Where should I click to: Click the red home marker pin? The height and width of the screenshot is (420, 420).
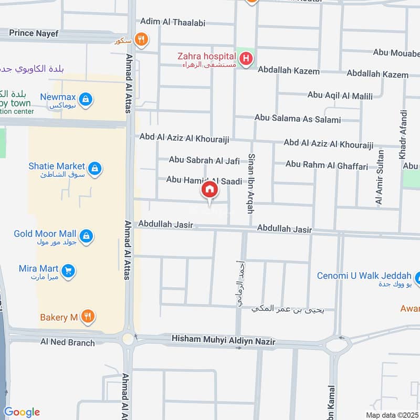click(209, 190)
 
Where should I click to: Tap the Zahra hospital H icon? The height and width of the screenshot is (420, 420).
click(245, 60)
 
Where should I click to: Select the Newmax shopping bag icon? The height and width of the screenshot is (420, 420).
click(86, 98)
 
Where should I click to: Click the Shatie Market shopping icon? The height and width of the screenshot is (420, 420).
click(94, 168)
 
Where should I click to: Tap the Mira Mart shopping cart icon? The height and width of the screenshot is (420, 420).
click(68, 271)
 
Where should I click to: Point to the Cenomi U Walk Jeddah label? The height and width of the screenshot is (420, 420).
click(364, 276)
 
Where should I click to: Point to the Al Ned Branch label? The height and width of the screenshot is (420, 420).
click(68, 342)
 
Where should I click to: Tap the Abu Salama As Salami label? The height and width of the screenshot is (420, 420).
click(297, 119)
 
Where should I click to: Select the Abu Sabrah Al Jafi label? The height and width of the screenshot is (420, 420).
click(204, 160)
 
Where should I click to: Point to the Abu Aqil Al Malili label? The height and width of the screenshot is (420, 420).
click(340, 96)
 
